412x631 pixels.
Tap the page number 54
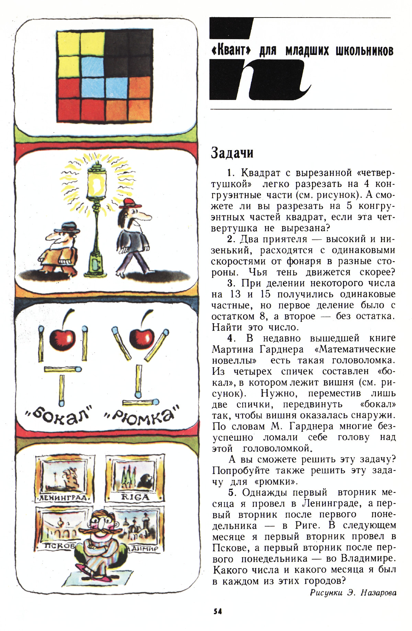tap(217, 611)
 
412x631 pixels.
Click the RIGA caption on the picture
tap(136, 497)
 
